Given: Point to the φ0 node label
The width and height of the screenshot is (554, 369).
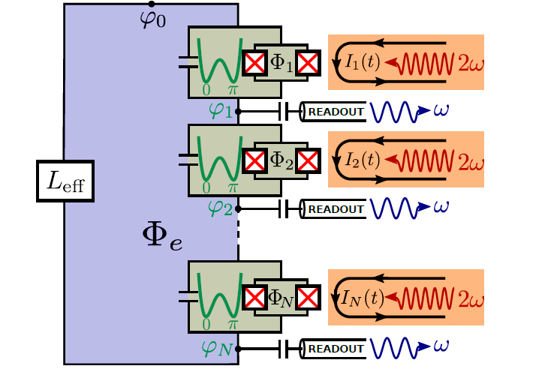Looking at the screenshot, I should coord(153,17).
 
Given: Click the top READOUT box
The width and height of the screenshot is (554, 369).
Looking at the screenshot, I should coord(334,112).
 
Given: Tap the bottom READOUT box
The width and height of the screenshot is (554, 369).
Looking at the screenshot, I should coord(334,348).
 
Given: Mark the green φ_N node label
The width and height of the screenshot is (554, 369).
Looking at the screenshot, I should coord(219,347).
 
